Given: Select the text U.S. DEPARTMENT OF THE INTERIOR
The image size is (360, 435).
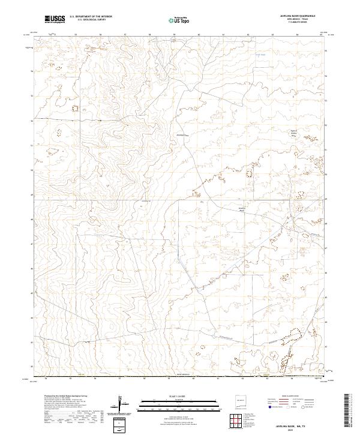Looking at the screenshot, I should click(91, 16).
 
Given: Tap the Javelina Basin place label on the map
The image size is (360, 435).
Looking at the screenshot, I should click(242, 209).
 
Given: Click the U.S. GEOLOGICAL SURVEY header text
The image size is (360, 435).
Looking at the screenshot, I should click(91, 20).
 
